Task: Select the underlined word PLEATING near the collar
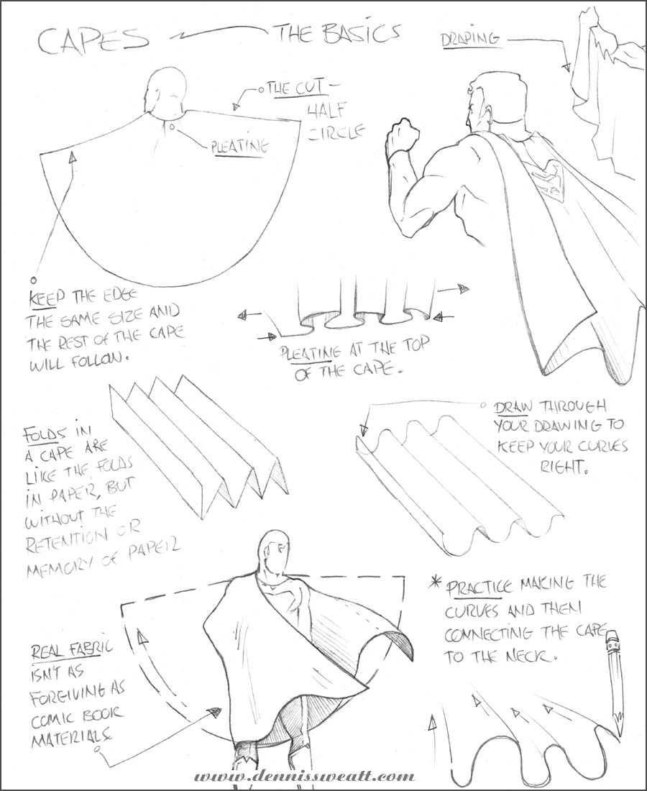pyautogui.click(x=239, y=147)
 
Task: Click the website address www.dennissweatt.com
pyautogui.click(x=304, y=776)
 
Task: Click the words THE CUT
pyautogui.click(x=295, y=90)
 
